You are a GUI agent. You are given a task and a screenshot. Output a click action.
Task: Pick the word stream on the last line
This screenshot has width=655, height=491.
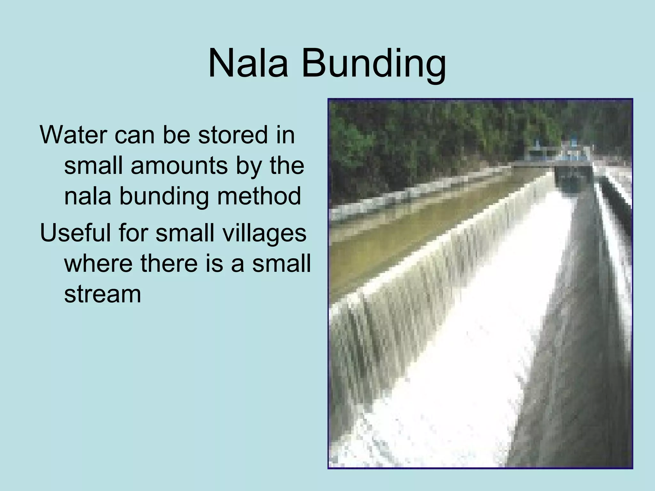point(103,294)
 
